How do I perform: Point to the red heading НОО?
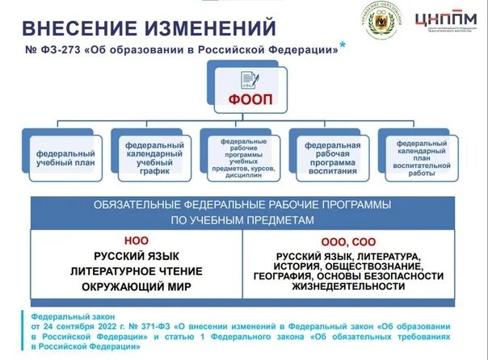coord(137,241)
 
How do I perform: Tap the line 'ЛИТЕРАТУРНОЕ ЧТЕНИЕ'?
coord(136,270)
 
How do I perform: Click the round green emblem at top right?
coord(380,24)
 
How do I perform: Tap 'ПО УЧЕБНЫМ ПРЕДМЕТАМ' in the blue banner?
coord(243,219)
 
